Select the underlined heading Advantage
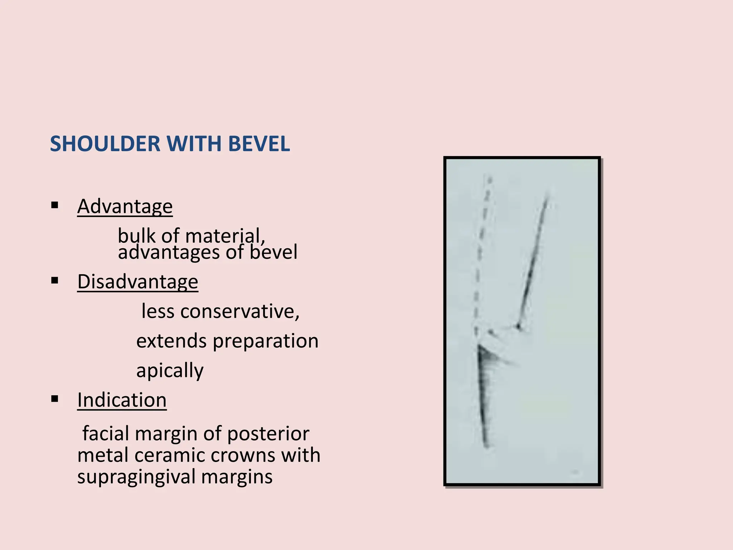pos(125,207)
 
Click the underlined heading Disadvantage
pos(138,282)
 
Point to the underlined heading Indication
pos(122,400)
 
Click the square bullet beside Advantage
pos(55,206)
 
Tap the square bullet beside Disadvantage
pos(55,280)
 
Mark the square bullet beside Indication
pos(55,399)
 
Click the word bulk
pos(137,236)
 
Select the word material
pos(225,236)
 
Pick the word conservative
pos(240,311)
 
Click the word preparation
pos(266,341)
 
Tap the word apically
pos(170,371)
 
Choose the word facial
pos(106,434)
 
